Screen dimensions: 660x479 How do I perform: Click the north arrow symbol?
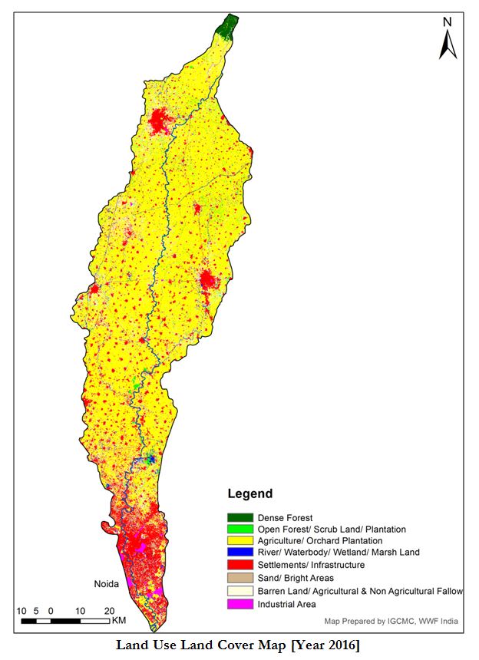(448, 45)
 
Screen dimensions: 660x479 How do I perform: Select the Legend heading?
(249, 493)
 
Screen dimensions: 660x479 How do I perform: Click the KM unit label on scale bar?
(118, 620)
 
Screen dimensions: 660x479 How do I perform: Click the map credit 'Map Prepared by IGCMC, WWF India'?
(388, 622)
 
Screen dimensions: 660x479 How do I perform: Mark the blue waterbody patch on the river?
(150, 459)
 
